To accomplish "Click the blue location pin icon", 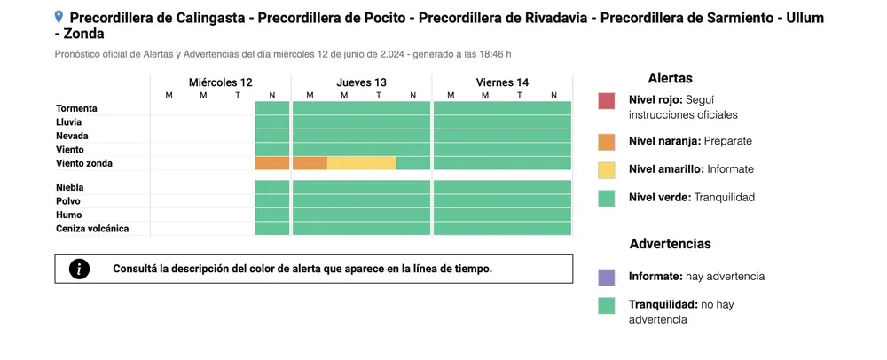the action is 59,17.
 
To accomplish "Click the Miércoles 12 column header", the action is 221,82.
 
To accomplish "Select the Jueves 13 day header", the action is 362,82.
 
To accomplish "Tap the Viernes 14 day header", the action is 502,82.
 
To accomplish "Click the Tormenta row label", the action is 76,108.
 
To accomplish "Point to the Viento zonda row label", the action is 84,163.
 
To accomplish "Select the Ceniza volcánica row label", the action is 92,229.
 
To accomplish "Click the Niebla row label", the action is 69,187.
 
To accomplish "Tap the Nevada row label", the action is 72,137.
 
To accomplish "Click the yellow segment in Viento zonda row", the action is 362,163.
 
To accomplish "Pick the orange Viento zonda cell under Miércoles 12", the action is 272,163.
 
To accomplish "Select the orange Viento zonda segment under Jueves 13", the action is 310,163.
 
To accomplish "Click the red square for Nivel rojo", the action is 607,100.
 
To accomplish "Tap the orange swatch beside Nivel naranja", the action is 607,142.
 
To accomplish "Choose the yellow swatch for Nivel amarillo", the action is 607,170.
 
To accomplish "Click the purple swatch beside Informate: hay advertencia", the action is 607,278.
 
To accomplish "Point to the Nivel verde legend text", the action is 692,197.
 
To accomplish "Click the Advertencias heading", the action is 671,244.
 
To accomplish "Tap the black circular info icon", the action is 79,269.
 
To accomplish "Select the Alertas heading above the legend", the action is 671,79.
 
